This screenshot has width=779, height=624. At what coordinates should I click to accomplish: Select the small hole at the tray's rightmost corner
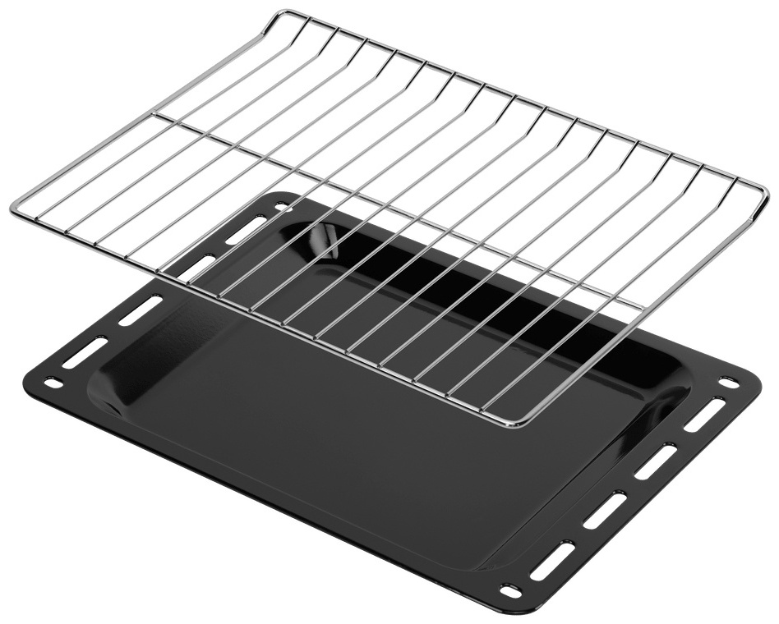coord(727,383)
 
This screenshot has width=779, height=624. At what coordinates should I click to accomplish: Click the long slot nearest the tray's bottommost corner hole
coord(551,560)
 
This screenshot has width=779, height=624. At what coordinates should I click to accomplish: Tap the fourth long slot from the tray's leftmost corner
coord(246,229)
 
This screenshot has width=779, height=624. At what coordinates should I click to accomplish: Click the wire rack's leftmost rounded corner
coord(16,209)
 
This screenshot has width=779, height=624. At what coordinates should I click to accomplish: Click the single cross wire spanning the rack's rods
coord(394,205)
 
